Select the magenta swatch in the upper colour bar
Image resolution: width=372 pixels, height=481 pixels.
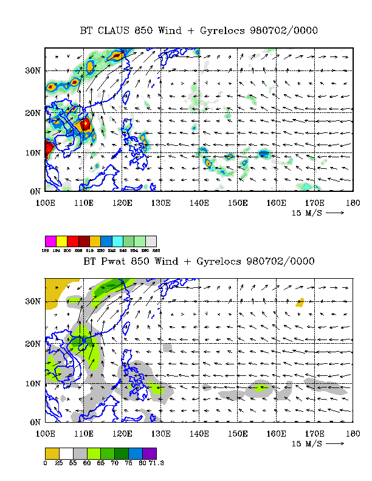pos(51,241)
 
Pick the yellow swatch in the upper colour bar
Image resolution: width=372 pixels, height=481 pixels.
pos(62,241)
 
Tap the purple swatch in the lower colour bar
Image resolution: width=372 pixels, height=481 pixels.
pos(150,453)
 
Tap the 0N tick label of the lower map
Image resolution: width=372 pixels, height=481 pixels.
pos(35,422)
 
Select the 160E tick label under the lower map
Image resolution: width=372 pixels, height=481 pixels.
pos(275,433)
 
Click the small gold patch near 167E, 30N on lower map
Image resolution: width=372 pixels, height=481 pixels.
pos(300,302)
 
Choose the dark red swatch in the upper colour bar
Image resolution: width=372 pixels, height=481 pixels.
pos(84,241)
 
